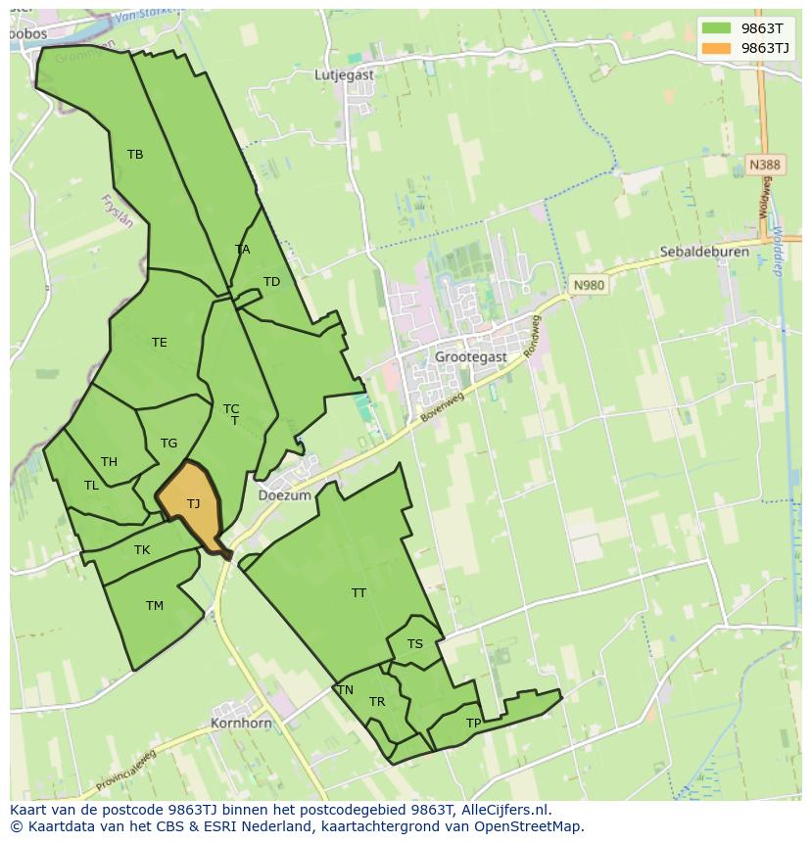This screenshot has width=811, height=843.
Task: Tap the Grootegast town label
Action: [471, 357]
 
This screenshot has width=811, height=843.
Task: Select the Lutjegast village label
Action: [345, 73]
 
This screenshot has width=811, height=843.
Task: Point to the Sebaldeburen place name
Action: [704, 252]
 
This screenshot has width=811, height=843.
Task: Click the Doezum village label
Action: [284, 495]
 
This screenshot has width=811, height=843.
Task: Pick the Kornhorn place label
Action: [241, 724]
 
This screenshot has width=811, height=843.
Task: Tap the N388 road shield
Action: [765, 165]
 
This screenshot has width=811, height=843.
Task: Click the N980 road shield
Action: [589, 285]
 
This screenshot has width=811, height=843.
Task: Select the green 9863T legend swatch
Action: [717, 28]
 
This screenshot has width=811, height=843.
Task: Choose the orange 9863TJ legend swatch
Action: [717, 48]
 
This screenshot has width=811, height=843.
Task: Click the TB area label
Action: [135, 154]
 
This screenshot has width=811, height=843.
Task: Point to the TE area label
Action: [160, 343]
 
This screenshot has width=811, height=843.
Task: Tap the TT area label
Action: [359, 593]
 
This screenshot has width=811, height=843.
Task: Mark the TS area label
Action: [415, 644]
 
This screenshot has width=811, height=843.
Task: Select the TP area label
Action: [474, 724]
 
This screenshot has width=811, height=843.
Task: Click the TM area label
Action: [155, 606]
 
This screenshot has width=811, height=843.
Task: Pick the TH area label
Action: [109, 462]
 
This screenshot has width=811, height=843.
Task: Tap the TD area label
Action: [271, 282]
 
